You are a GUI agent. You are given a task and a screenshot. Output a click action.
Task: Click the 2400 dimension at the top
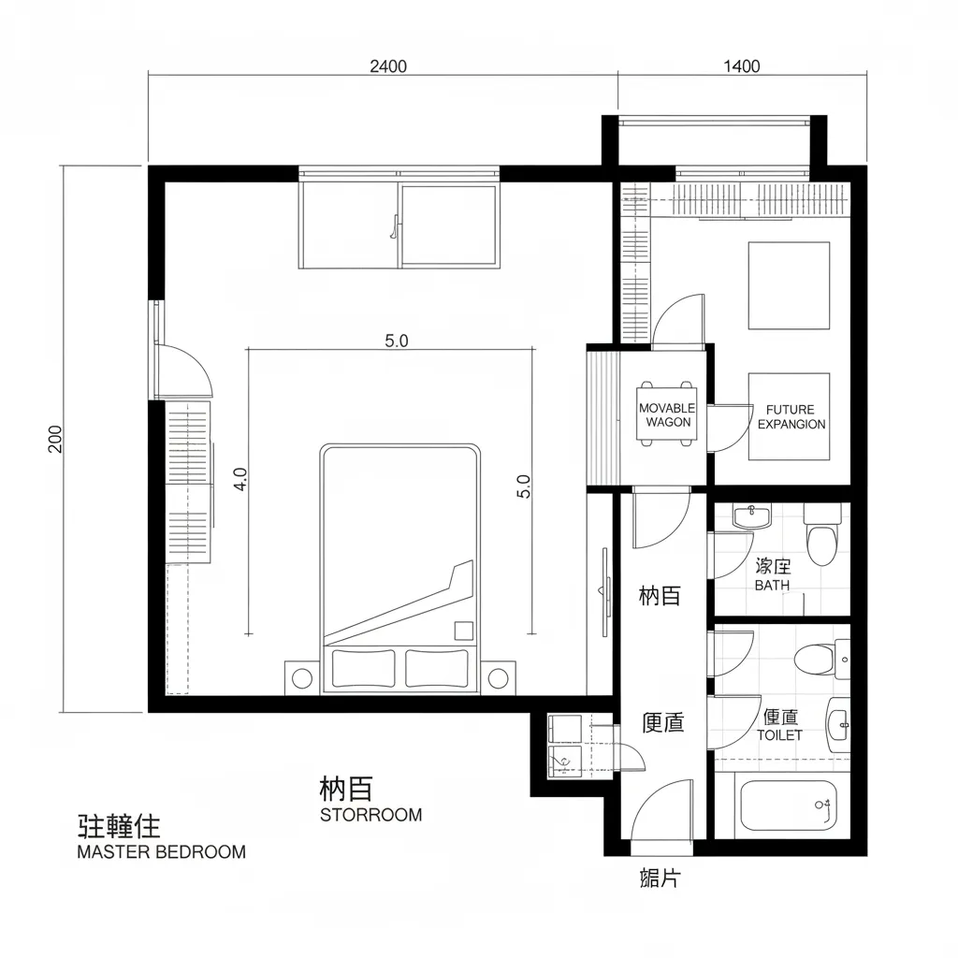coord(388,65)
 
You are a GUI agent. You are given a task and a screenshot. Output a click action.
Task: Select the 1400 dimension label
coord(742,65)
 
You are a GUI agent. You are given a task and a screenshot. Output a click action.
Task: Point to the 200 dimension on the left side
coord(54,438)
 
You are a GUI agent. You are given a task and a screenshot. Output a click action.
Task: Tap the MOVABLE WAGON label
coord(667,415)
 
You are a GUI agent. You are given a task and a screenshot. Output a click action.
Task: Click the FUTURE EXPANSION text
coord(791,417)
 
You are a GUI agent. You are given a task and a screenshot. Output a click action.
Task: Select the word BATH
coord(772,585)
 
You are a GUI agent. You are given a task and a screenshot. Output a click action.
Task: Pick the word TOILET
coord(779,735)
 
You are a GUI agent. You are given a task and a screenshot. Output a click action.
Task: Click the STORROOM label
coord(370,815)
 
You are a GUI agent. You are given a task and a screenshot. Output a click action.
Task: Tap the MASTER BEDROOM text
coord(161,852)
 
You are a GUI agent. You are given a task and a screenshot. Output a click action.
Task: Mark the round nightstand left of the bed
coord(301,677)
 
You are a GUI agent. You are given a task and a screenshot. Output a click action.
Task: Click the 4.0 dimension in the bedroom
coord(240,480)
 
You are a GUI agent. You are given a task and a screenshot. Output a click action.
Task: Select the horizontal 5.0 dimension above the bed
coord(397,341)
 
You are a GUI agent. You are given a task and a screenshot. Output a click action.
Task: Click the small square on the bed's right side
coord(463,631)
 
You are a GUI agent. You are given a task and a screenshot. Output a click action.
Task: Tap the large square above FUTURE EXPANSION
coord(789,285)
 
